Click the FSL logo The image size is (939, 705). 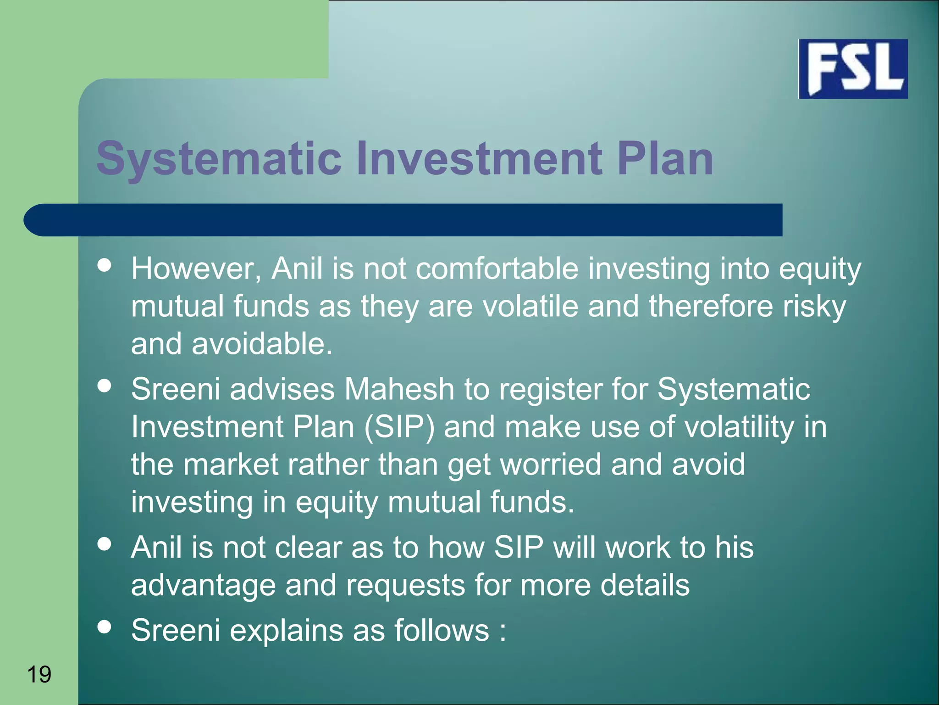click(x=853, y=69)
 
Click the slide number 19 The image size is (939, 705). click(x=39, y=674)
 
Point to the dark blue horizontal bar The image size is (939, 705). click(x=403, y=220)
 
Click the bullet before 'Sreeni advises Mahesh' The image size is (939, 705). click(x=105, y=386)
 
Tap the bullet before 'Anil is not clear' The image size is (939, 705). click(x=105, y=544)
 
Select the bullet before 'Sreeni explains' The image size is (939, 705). click(x=105, y=627)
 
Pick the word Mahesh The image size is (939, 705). click(x=399, y=389)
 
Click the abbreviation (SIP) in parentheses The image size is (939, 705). click(x=399, y=427)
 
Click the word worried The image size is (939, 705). click(x=550, y=464)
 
